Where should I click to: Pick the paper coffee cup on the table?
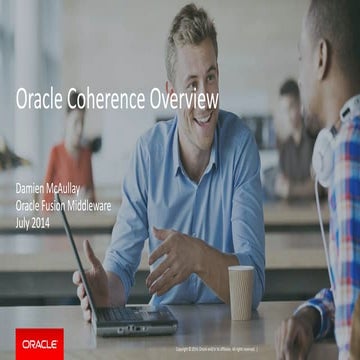click(241, 291)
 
